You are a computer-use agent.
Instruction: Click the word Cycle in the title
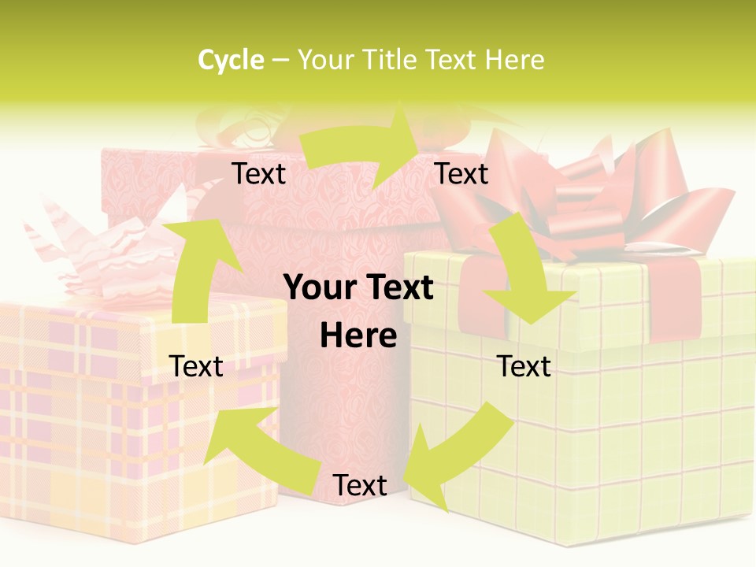[231, 60]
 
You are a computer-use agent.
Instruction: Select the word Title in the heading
[389, 60]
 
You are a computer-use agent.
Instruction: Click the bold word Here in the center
[358, 336]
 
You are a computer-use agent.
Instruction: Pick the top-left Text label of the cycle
[258, 173]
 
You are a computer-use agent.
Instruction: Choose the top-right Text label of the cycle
[461, 173]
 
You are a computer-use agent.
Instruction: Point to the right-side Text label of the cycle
[524, 366]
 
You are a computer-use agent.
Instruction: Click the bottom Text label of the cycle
[360, 485]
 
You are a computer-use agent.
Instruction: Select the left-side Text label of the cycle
[196, 366]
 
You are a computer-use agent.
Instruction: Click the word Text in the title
[453, 60]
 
